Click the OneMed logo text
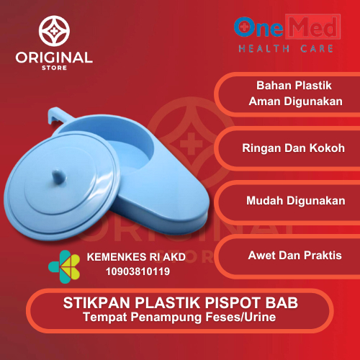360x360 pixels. [x=284, y=27]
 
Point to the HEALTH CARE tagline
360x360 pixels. [x=285, y=49]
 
